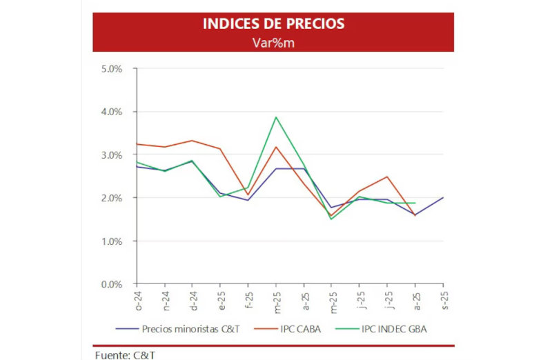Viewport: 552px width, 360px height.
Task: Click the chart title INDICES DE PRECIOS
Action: coord(273,24)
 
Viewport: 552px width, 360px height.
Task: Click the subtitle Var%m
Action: coord(273,42)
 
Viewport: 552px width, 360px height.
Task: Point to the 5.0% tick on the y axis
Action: coord(111,69)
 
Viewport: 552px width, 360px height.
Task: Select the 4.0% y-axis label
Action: coord(111,112)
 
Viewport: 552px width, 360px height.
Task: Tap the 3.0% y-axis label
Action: coord(111,155)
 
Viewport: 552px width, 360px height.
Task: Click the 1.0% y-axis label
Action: coord(111,241)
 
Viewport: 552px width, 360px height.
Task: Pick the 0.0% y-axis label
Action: coord(111,284)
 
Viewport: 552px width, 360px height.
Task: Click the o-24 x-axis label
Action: coord(137,298)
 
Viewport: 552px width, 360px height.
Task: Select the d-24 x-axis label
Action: coord(193,298)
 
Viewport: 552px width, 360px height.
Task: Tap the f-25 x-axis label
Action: coord(248,298)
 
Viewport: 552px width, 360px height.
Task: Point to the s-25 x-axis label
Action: coord(442,298)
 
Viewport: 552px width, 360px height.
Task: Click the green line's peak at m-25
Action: coord(276,117)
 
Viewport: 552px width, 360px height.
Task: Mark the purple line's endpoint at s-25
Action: coord(442,198)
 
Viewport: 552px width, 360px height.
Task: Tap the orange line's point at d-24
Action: coord(193,141)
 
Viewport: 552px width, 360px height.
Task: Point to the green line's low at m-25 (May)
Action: coord(332,219)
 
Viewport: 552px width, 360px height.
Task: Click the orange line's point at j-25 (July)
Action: coord(387,177)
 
